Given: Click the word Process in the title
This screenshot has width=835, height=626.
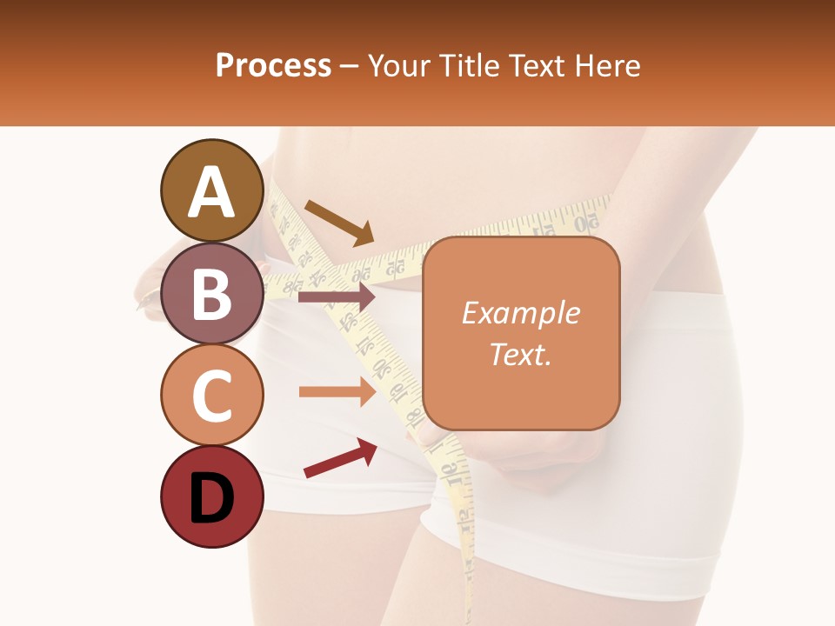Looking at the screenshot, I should click(273, 66).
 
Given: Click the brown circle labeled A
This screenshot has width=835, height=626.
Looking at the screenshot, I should click(211, 191).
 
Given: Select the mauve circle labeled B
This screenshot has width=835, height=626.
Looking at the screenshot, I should click(211, 293).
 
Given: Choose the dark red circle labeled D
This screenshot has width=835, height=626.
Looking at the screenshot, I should click(211, 496).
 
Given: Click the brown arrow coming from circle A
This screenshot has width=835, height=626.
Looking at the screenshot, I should click(339, 223).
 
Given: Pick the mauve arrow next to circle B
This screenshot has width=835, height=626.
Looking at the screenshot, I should click(337, 296).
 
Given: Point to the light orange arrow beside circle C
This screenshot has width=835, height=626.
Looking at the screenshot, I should click(337, 391).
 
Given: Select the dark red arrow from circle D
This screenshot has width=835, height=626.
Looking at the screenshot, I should click(340, 458).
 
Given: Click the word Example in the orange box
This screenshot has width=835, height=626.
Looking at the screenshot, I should click(520, 313).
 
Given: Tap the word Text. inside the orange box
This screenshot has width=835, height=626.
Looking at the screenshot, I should click(520, 355).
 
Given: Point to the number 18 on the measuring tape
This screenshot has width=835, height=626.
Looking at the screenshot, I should click(414, 416).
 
